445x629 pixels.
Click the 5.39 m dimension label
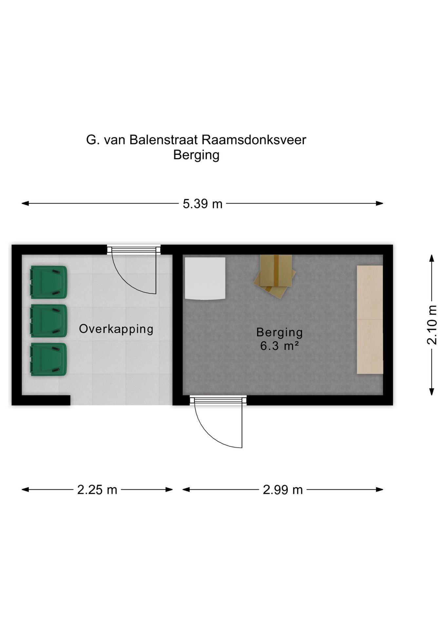[202, 204]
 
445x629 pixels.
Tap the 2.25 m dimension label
[97, 490]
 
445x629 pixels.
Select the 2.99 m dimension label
[282, 490]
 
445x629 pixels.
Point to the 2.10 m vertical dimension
[432, 325]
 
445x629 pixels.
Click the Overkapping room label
[116, 329]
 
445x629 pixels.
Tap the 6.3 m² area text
[279, 346]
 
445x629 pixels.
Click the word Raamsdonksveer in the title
[254, 140]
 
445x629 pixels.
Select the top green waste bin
[48, 282]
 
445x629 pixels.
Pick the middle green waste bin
[48, 321]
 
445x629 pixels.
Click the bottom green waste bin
[48, 359]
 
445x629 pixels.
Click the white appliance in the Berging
[205, 278]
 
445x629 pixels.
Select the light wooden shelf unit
[370, 319]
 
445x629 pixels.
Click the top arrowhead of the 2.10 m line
[432, 258]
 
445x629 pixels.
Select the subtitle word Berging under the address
[196, 155]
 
